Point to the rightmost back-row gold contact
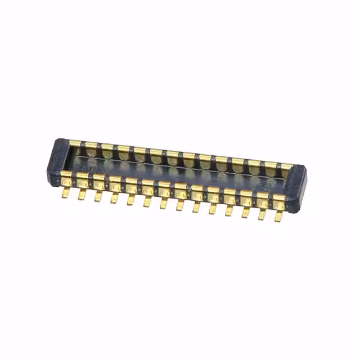point(287,166)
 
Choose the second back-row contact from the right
point(271,165)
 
